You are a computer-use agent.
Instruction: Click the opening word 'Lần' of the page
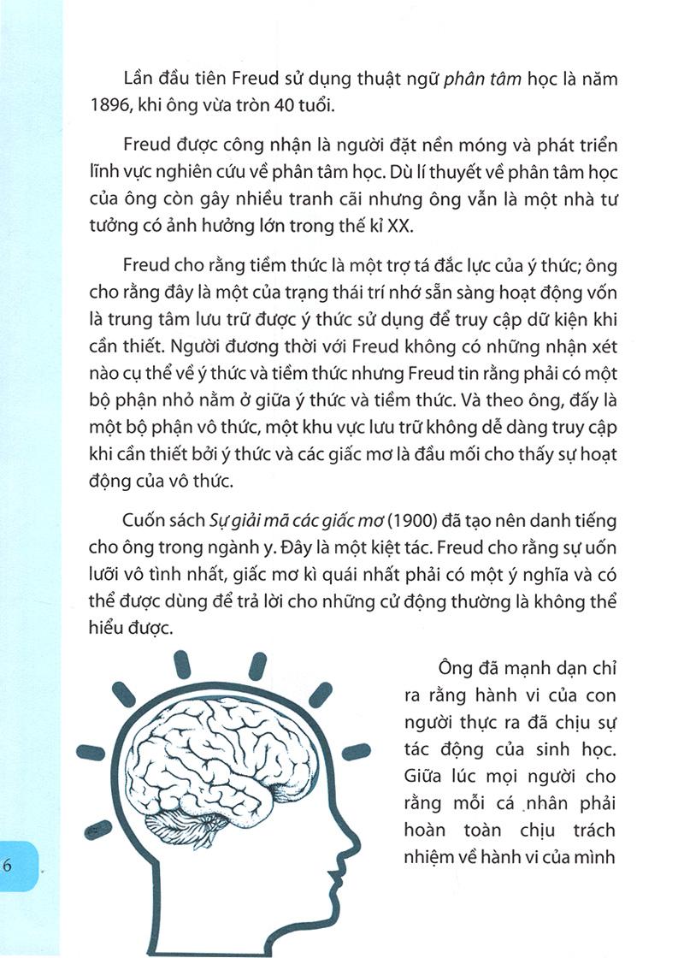point(140,80)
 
